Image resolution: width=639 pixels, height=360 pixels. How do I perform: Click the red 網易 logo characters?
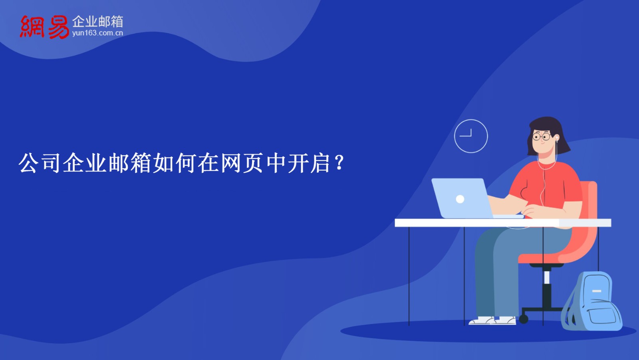(44, 27)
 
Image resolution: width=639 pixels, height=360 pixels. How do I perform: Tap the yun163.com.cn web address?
(97, 33)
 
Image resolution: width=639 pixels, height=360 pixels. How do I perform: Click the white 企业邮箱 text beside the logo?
(97, 22)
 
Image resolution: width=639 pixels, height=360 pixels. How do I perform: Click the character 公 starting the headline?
(28, 163)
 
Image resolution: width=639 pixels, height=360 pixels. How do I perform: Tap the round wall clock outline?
(471, 136)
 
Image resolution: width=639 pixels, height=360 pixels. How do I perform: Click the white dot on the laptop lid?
(460, 199)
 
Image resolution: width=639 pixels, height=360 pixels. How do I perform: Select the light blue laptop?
(468, 199)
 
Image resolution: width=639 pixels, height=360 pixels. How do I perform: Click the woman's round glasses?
(542, 137)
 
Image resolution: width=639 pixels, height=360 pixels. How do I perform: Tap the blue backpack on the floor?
(592, 301)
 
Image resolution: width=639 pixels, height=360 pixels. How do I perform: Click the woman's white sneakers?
(492, 320)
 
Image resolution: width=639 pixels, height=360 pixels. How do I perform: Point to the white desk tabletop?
(503, 223)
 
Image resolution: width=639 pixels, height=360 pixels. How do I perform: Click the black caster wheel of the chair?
(524, 319)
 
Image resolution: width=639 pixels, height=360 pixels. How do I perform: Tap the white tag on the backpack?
(597, 291)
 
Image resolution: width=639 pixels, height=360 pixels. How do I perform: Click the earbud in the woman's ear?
(557, 139)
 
